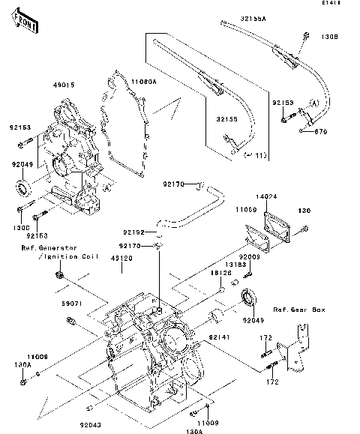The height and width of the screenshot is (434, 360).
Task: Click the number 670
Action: pyautogui.click(x=322, y=132)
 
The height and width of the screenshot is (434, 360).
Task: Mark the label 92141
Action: pyautogui.click(x=219, y=339)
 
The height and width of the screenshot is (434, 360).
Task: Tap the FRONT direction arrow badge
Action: pyautogui.click(x=27, y=23)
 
